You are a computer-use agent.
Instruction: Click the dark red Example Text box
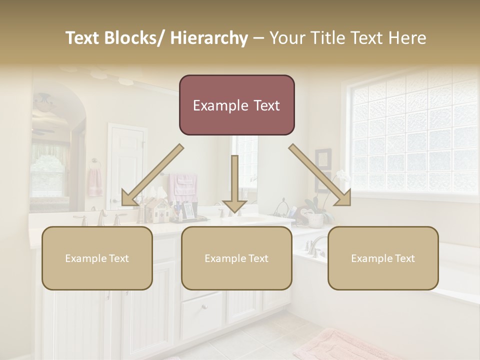coord(236,105)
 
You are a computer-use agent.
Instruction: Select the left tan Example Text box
coord(97,258)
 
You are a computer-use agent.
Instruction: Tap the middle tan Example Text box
coord(236,258)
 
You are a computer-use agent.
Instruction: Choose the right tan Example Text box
coord(383,258)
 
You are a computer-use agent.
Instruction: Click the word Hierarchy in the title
coord(209,38)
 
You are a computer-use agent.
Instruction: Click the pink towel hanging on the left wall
coord(95,182)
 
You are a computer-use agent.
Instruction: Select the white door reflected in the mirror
coord(127,165)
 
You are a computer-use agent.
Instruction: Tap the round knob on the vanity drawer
coord(203,306)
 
